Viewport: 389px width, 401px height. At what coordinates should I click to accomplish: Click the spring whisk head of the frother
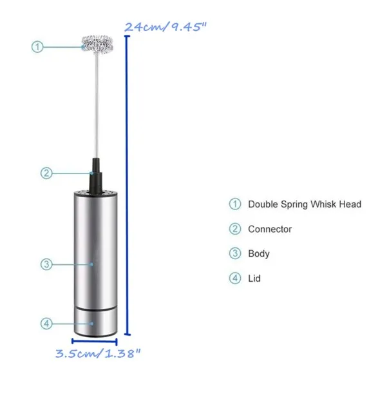tap(97, 44)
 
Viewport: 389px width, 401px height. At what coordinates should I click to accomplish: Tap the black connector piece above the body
tap(96, 176)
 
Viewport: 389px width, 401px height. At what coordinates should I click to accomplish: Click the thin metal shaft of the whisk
tap(97, 106)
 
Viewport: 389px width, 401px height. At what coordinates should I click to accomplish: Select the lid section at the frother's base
tap(96, 324)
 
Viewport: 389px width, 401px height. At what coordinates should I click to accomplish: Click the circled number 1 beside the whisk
tap(37, 47)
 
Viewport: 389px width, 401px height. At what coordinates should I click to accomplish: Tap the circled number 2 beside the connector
tap(46, 173)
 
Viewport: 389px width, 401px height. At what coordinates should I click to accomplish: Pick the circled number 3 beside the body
tap(46, 264)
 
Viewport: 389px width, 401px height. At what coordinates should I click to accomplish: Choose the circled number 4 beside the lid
tap(46, 324)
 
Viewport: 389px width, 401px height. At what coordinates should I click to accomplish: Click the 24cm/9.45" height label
tap(166, 26)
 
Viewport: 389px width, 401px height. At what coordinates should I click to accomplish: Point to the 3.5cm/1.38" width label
tap(98, 354)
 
